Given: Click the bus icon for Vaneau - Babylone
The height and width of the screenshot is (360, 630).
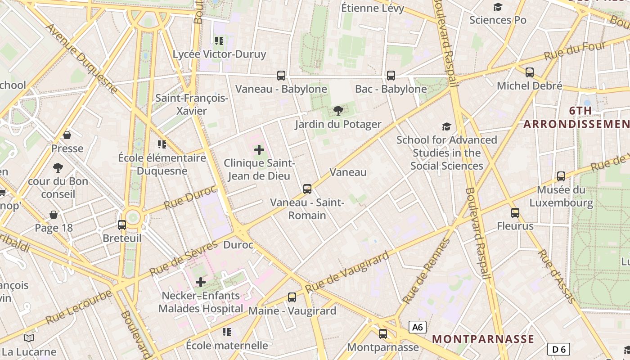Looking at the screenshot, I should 281,76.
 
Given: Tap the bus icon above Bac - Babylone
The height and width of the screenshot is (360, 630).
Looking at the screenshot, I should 391,76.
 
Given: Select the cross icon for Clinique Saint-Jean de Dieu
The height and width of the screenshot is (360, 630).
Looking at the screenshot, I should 259,150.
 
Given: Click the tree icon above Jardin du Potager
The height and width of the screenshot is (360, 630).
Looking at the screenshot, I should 338,111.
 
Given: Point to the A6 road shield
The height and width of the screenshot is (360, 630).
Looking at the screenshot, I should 418,327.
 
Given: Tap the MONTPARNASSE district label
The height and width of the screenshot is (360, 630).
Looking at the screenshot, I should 483,339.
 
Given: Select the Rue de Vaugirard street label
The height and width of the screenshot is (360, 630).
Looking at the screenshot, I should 346,273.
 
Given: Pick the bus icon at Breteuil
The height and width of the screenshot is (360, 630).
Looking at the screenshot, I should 122,225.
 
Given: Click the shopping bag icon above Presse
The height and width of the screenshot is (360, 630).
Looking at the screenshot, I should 67,135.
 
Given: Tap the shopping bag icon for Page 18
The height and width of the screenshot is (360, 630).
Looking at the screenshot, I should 54,215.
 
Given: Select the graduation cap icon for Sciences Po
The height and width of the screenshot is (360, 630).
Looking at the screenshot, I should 498,7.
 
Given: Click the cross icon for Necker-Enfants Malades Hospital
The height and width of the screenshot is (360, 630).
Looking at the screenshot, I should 201,282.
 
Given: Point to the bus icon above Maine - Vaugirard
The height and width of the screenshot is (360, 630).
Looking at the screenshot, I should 292,297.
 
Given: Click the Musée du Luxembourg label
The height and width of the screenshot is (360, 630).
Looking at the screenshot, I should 561,197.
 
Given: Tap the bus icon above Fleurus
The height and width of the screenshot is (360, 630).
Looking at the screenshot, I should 515,213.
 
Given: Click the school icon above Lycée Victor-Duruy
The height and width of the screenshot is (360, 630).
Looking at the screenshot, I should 219,41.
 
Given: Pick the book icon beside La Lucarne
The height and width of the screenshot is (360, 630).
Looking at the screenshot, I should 29,338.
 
